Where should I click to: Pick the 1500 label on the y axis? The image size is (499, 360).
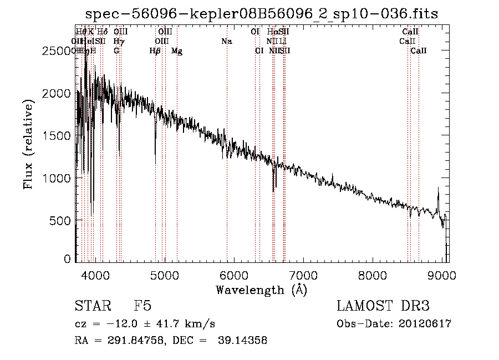coord(58,136)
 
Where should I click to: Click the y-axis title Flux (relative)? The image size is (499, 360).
coord(28,144)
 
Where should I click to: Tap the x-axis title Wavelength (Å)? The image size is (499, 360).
coord(261,290)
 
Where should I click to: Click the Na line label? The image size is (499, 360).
coord(226,41)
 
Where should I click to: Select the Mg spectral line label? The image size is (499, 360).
coord(177,51)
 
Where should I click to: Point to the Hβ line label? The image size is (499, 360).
coord(155,51)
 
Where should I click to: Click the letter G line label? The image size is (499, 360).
coord(116,51)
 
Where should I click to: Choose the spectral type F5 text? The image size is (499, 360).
coord(142,306)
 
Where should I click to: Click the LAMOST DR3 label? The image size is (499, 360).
coord(383,306)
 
